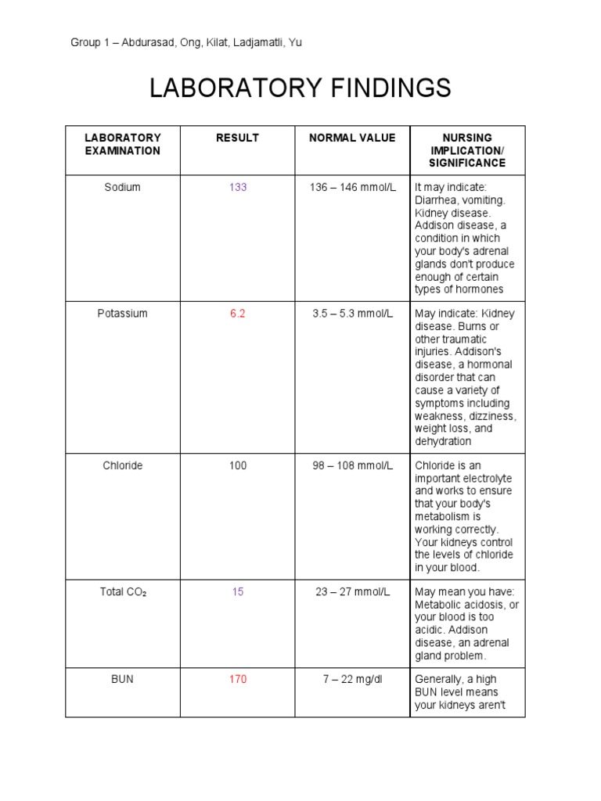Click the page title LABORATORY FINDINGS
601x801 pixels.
tap(300, 88)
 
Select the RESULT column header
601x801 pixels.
tap(237, 138)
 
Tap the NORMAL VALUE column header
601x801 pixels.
tap(352, 138)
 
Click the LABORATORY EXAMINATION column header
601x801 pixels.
tap(123, 144)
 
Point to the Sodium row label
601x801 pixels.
tap(123, 188)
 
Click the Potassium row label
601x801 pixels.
tap(123, 314)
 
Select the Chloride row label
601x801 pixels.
tap(123, 465)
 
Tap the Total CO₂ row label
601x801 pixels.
tap(123, 592)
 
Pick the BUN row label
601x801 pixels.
tap(123, 679)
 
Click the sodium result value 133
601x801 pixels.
tap(238, 188)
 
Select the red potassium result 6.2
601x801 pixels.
tap(238, 314)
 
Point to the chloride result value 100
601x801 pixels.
tap(238, 465)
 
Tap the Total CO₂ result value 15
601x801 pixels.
tap(238, 592)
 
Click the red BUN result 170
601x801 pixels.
tap(238, 679)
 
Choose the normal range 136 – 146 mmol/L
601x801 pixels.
tap(353, 188)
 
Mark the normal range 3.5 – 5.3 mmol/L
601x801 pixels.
tap(353, 314)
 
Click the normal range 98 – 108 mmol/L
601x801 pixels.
tap(353, 465)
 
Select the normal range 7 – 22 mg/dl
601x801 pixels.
tap(353, 679)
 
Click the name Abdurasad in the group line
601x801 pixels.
tap(145, 43)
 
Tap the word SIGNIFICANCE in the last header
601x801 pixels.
tap(467, 163)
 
